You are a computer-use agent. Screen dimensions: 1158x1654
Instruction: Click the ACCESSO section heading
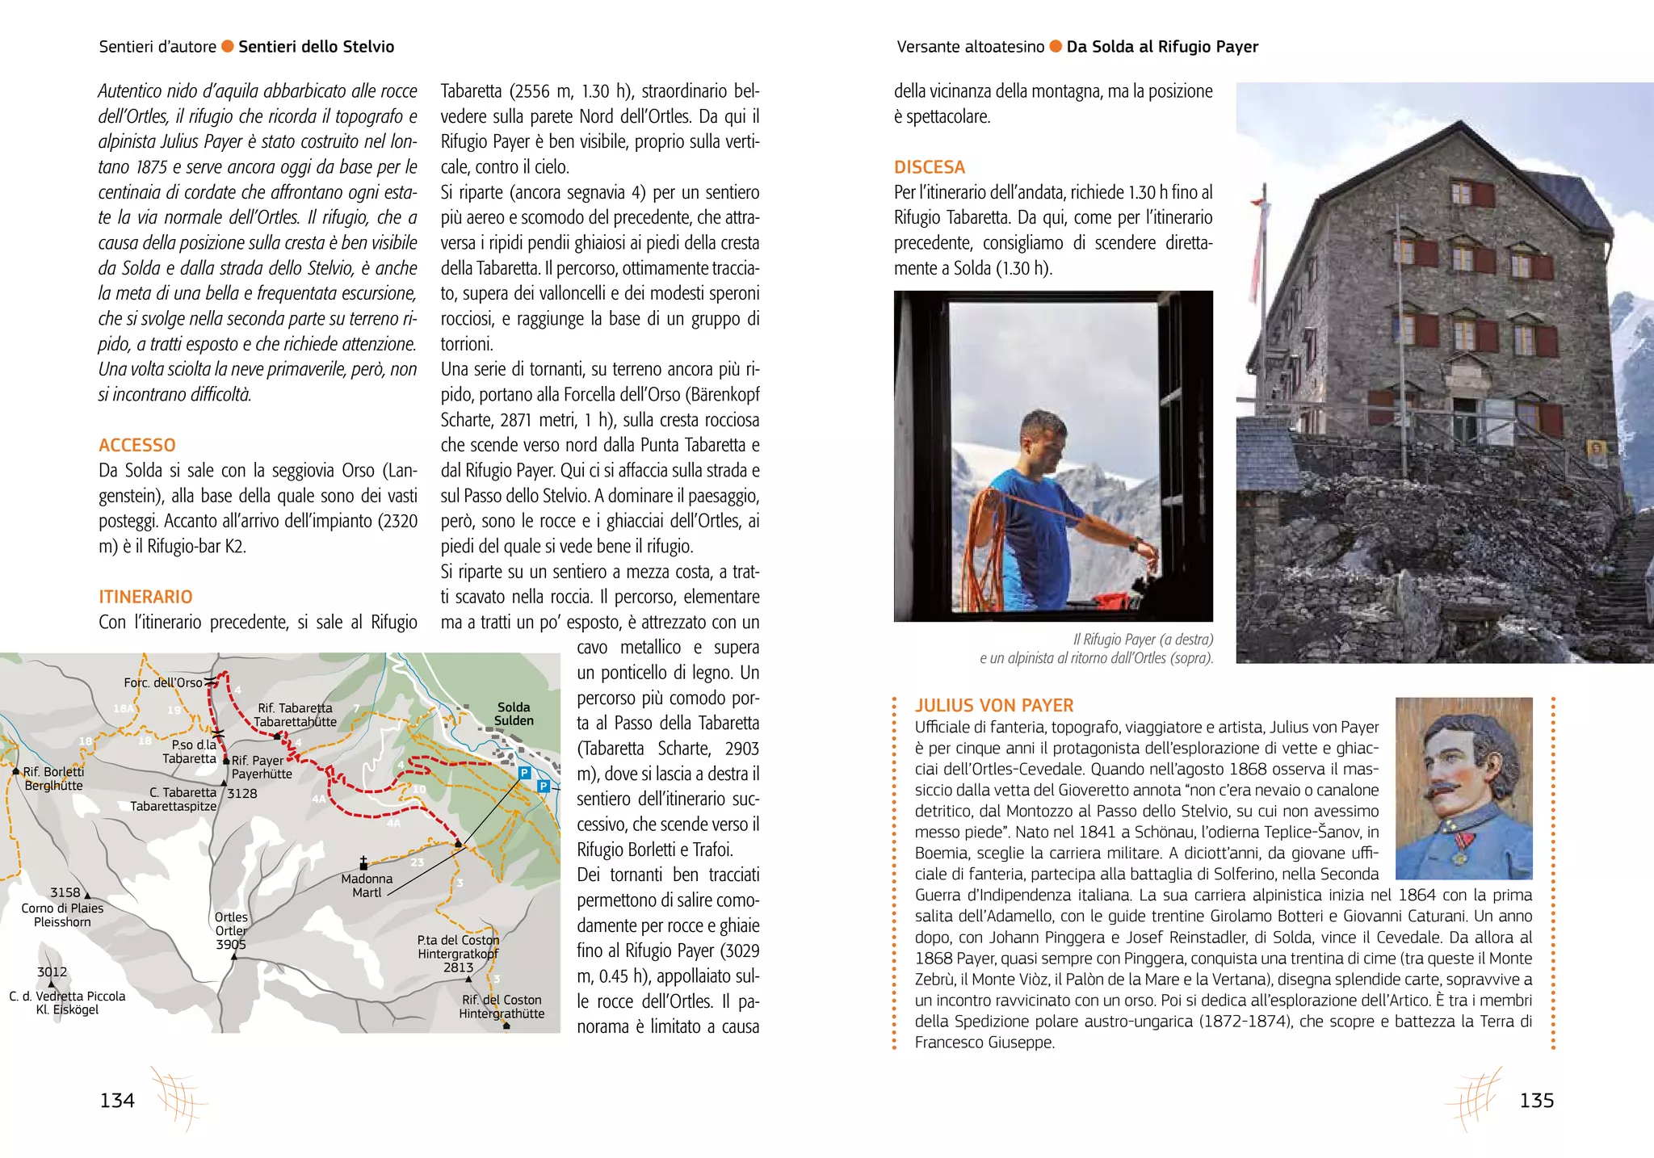click(136, 445)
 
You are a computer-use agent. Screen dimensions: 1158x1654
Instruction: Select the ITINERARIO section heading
click(145, 597)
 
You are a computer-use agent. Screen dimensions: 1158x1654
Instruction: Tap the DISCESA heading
click(929, 167)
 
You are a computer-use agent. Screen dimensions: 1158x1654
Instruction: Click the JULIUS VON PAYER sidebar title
click(993, 705)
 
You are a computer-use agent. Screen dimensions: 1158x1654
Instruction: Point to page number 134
click(117, 1101)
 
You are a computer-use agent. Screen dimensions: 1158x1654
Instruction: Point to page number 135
click(1536, 1101)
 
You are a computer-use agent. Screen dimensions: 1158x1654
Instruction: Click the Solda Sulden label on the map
click(514, 714)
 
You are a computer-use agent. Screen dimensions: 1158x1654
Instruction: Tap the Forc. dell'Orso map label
click(163, 683)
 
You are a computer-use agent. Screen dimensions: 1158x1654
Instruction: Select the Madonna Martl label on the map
click(367, 885)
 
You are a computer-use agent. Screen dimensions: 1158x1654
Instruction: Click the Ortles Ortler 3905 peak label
click(231, 930)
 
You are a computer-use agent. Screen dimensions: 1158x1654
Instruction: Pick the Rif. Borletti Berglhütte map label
click(53, 778)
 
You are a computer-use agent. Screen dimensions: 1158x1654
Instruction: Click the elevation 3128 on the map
click(241, 794)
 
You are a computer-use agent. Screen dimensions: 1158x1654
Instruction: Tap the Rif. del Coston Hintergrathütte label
click(502, 1006)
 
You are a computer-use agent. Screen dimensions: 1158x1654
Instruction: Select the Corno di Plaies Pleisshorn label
click(62, 915)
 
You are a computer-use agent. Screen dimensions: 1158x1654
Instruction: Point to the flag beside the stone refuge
click(1257, 242)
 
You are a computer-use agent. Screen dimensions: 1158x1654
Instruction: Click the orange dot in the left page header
click(228, 46)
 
